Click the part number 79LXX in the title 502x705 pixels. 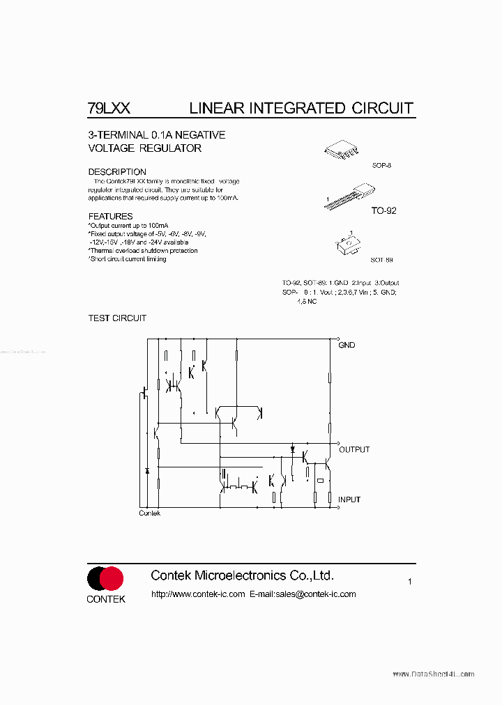(x=109, y=108)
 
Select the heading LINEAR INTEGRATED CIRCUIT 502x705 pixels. (x=301, y=108)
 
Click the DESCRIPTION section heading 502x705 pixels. (x=117, y=171)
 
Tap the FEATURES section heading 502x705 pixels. (x=110, y=216)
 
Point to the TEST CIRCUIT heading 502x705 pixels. (x=117, y=318)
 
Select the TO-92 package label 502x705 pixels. (x=383, y=210)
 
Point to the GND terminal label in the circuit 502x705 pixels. (x=347, y=345)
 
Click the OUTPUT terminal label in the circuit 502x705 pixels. (x=354, y=449)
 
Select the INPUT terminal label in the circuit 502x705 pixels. (x=349, y=499)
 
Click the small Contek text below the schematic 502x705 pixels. (x=149, y=513)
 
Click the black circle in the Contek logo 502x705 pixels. (x=97, y=578)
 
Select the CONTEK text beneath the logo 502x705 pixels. (x=106, y=599)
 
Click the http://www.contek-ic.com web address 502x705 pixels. (x=198, y=594)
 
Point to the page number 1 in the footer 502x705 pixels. (x=410, y=581)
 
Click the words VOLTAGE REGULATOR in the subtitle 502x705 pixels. (x=144, y=148)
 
